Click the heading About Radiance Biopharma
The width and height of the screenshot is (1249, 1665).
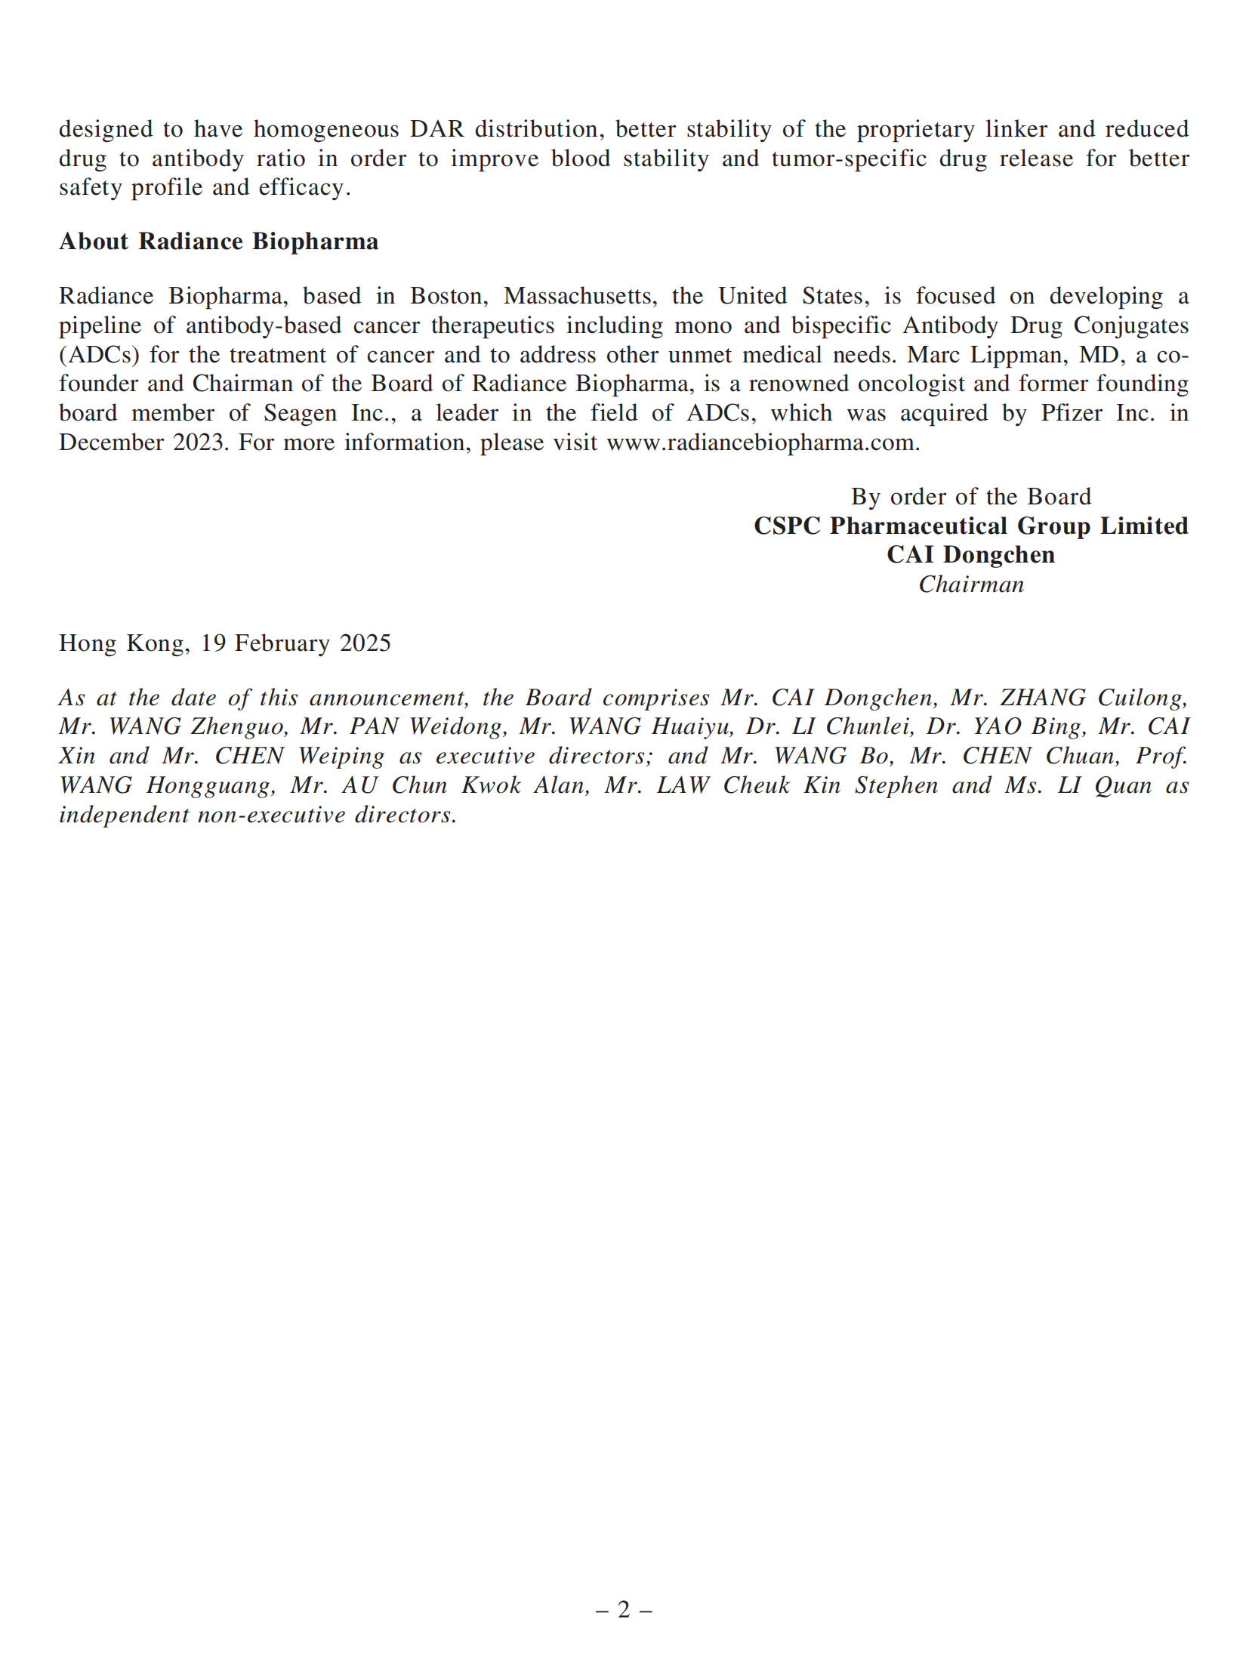(x=218, y=242)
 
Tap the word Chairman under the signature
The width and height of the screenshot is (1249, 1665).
(x=970, y=584)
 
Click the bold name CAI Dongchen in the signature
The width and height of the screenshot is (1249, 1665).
(x=970, y=555)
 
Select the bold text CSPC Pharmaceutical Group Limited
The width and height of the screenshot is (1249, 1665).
(x=970, y=526)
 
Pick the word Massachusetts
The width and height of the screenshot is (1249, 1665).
(x=578, y=296)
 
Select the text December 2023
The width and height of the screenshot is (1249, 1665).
(x=143, y=442)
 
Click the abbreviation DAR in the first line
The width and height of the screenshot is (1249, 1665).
(x=436, y=129)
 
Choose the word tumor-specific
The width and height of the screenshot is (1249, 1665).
(x=849, y=159)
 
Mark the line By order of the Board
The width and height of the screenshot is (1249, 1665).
(x=970, y=497)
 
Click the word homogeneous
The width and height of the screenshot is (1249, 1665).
(x=325, y=129)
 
